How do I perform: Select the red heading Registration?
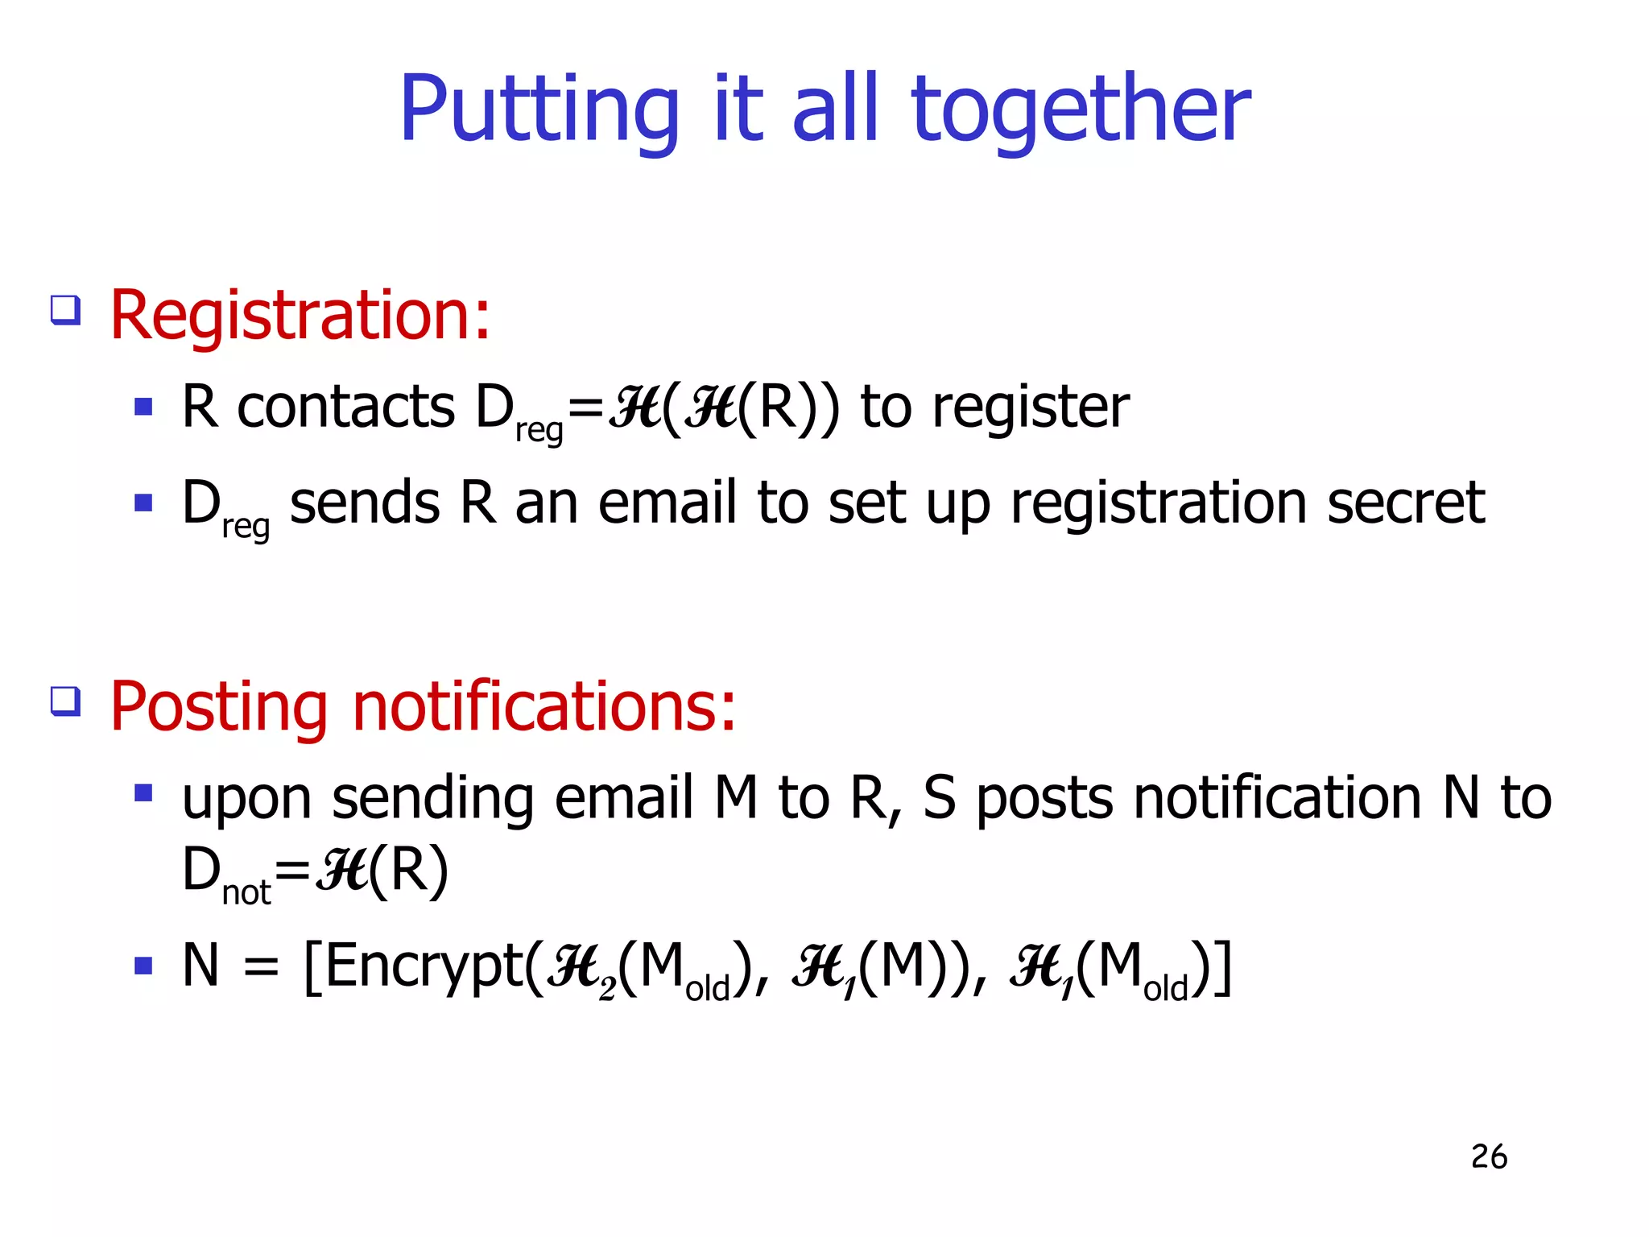(300, 316)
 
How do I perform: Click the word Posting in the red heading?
(218, 707)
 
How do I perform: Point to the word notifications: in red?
(543, 707)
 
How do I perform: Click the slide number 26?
(1489, 1156)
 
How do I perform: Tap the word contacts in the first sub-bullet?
(346, 408)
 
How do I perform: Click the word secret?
(1405, 503)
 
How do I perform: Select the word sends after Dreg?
(364, 503)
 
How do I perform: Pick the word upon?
(246, 799)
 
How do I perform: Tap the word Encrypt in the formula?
(425, 966)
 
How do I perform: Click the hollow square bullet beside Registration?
(65, 310)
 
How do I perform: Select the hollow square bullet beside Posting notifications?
(65, 701)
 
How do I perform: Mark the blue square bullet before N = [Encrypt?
(143, 965)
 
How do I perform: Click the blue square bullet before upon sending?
(143, 793)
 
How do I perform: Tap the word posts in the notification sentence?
(1045, 799)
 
